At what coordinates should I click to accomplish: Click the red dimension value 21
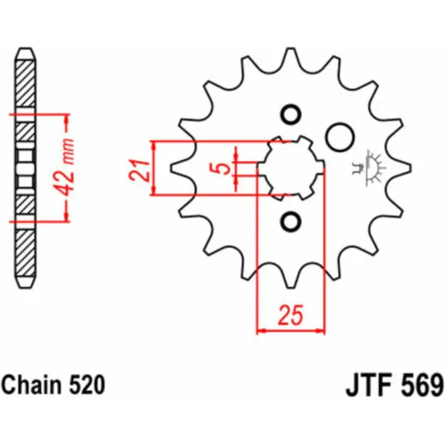[139, 170]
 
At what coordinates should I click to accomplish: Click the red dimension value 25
[290, 315]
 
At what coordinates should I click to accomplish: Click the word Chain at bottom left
[31, 385]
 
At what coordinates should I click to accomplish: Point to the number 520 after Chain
[86, 385]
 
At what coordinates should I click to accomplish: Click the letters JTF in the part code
[368, 385]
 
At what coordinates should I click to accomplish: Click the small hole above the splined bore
[291, 115]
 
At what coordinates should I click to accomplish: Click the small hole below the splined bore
[291, 222]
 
